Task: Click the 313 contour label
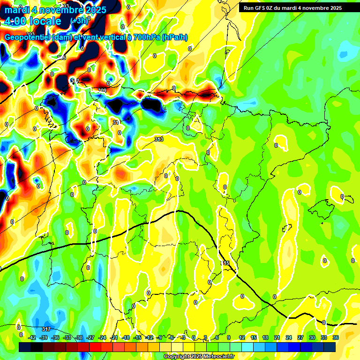(158, 139)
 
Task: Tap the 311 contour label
(116, 122)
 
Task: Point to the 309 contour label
(102, 90)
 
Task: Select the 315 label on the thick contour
(226, 263)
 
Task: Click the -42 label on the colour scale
(32, 337)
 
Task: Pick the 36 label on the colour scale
(336, 337)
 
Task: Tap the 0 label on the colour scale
(194, 337)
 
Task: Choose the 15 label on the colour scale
(254, 337)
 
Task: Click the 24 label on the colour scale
(289, 337)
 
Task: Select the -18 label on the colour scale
(126, 337)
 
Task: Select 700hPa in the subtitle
(145, 37)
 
